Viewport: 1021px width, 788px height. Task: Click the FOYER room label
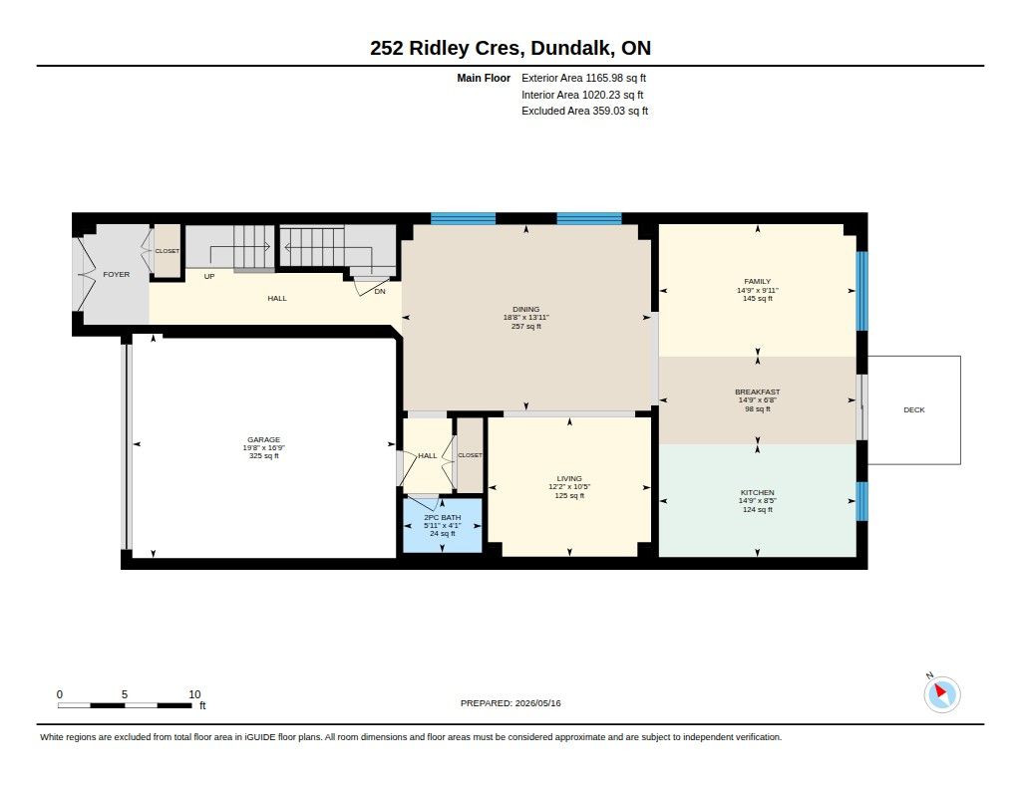[x=116, y=275]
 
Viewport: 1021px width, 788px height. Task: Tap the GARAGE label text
[x=263, y=440]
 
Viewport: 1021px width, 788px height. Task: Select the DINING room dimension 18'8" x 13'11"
[x=526, y=318]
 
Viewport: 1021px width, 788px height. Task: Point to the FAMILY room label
[x=758, y=282]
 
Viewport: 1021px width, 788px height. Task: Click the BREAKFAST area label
[x=758, y=392]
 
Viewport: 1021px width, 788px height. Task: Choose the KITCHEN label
[x=758, y=492]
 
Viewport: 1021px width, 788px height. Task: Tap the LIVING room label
[x=569, y=478]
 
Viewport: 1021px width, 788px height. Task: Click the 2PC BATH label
[x=442, y=517]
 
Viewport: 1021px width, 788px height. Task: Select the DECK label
[x=914, y=410]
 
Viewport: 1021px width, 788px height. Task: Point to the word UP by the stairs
[x=209, y=277]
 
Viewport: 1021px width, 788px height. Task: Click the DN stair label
[x=380, y=292]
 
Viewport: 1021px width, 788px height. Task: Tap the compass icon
[x=941, y=693]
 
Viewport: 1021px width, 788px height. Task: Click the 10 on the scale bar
[x=194, y=694]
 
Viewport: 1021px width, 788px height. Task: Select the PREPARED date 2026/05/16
[x=537, y=703]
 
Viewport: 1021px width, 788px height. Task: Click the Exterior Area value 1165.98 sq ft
[x=616, y=78]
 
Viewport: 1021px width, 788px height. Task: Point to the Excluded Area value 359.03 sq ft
[x=620, y=112]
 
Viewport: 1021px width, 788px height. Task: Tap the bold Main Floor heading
[x=484, y=78]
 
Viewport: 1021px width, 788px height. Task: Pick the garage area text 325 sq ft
[x=263, y=456]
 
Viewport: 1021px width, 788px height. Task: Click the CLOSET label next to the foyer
[x=167, y=251]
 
